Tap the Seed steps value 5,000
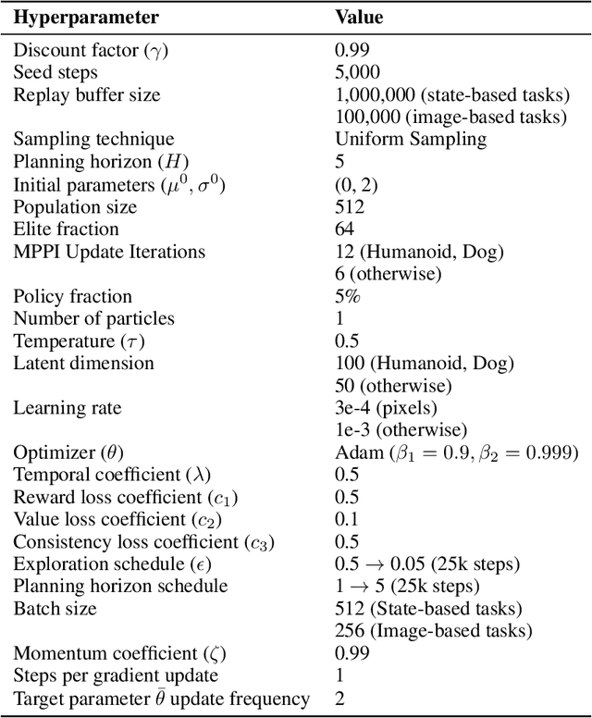357,72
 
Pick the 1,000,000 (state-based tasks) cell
450,94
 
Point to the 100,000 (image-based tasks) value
450,117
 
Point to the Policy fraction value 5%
348,296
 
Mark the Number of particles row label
93,318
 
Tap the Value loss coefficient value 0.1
347,520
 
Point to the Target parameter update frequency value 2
339,699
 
